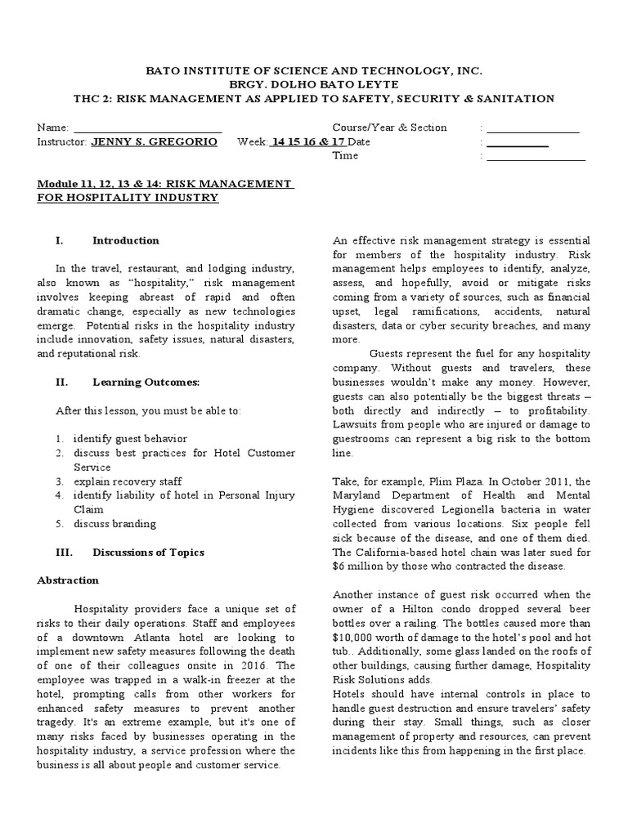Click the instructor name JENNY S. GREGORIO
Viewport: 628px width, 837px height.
[x=154, y=141]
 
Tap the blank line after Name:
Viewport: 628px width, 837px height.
[x=148, y=128]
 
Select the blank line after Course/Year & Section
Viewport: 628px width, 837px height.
[x=533, y=128]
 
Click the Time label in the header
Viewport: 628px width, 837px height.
[x=345, y=156]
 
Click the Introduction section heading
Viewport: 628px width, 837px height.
[x=126, y=240]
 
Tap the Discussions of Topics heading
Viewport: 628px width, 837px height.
[x=148, y=552]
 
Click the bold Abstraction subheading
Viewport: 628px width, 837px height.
[x=69, y=580]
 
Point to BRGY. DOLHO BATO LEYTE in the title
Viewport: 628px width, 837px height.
[x=314, y=84]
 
